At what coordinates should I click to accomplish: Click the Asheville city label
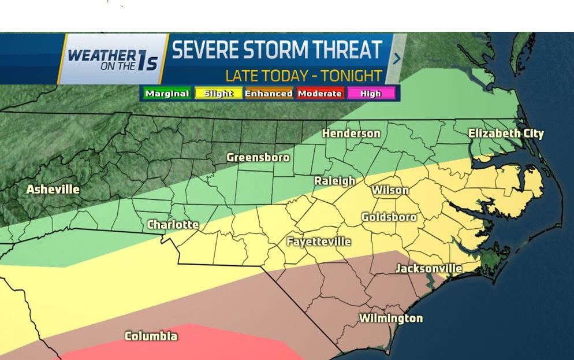pyautogui.click(x=53, y=190)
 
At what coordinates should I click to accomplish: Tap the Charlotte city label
pyautogui.click(x=173, y=224)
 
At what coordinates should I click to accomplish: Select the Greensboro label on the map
pyautogui.click(x=258, y=157)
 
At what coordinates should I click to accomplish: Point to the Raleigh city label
pyautogui.click(x=334, y=181)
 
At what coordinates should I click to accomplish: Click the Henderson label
pyautogui.click(x=351, y=133)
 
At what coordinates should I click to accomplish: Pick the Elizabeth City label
pyautogui.click(x=506, y=133)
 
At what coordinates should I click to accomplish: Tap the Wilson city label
pyautogui.click(x=390, y=190)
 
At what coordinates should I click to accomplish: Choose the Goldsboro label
pyautogui.click(x=389, y=217)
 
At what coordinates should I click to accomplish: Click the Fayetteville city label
pyautogui.click(x=319, y=242)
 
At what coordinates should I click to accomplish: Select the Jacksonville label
pyautogui.click(x=428, y=268)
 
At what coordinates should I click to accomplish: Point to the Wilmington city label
pyautogui.click(x=391, y=318)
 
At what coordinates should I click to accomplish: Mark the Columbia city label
pyautogui.click(x=151, y=336)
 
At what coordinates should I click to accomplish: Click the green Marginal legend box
pyautogui.click(x=167, y=93)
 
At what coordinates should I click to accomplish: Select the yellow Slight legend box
pyautogui.click(x=218, y=93)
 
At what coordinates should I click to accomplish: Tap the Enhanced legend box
pyautogui.click(x=269, y=93)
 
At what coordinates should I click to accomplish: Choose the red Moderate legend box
pyautogui.click(x=320, y=93)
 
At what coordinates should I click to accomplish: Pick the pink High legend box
pyautogui.click(x=370, y=93)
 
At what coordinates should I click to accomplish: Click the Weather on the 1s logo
pyautogui.click(x=113, y=59)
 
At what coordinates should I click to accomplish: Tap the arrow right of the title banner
pyautogui.click(x=397, y=58)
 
